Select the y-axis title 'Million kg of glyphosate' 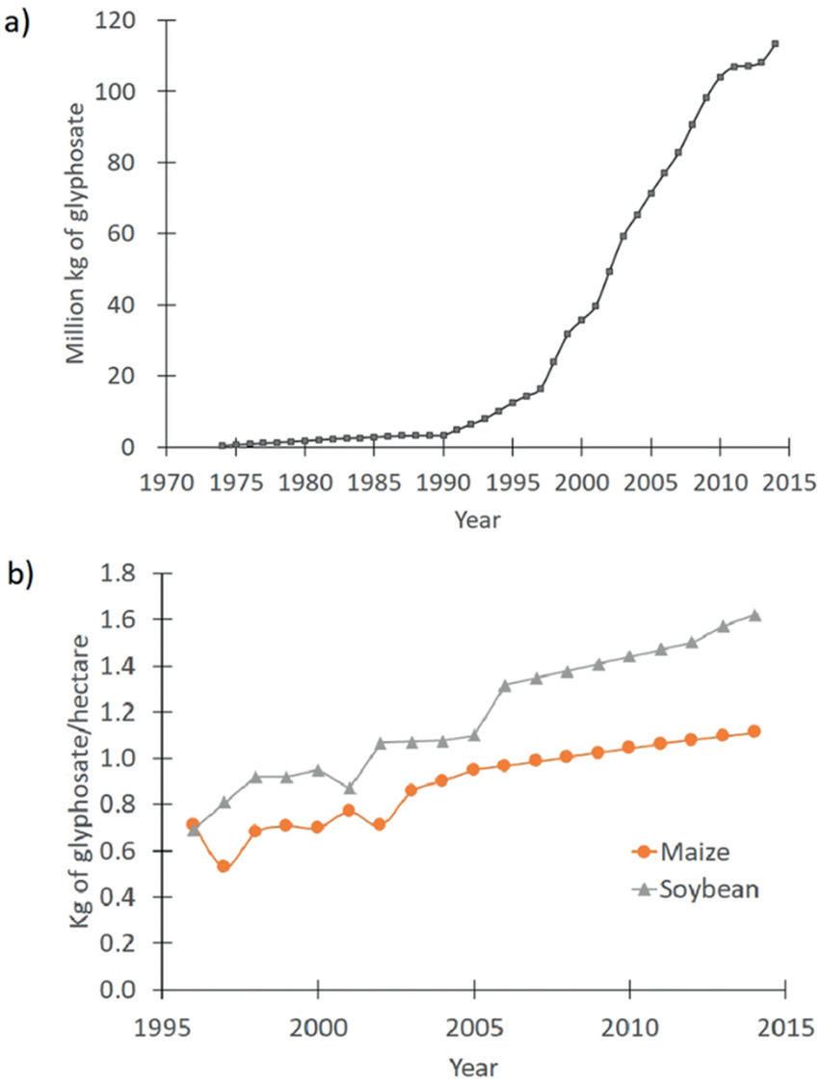click(x=76, y=232)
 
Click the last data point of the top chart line click(x=775, y=43)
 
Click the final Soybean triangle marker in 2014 click(x=755, y=615)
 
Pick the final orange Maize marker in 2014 click(x=755, y=731)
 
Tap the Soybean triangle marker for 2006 click(x=505, y=684)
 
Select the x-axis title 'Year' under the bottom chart click(x=473, y=1067)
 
